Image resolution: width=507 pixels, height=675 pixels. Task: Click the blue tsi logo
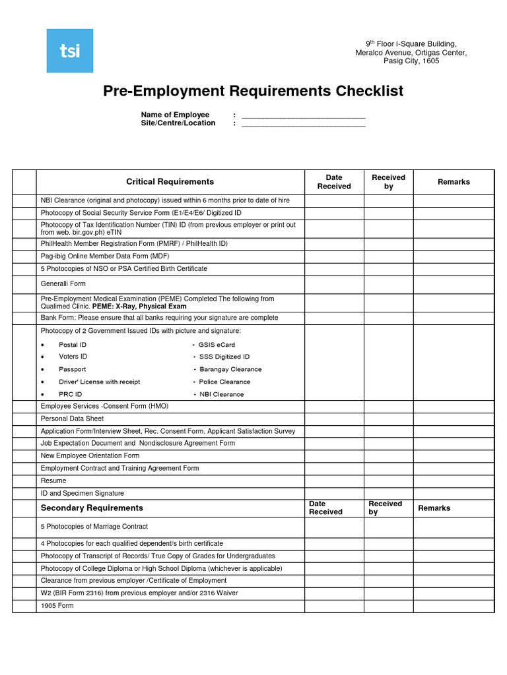[69, 51]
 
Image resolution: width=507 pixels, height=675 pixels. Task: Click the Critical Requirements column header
[170, 182]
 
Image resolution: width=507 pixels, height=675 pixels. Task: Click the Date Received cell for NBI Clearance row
[334, 200]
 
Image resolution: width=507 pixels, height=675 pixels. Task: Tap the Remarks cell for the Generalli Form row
[454, 284]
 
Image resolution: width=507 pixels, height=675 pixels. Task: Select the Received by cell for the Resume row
[388, 481]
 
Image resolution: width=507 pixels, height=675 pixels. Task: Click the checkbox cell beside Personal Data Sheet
[24, 419]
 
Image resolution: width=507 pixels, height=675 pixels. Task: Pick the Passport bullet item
[72, 369]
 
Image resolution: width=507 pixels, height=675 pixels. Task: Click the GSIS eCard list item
[217, 345]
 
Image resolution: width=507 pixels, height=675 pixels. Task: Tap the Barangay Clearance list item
[230, 369]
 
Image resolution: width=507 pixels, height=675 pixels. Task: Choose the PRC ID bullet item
[70, 394]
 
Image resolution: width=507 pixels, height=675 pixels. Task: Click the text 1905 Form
[57, 606]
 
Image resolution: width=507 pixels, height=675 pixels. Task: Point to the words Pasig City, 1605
[411, 61]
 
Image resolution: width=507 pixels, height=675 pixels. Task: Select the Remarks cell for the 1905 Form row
[454, 606]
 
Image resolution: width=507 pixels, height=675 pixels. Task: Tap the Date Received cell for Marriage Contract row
[334, 527]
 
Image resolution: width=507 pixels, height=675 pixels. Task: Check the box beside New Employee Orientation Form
[24, 455]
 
